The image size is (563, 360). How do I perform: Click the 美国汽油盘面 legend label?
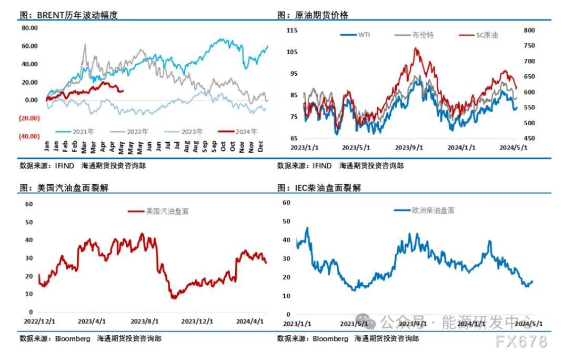click(167, 211)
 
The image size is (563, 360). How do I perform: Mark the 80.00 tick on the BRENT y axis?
click(29, 27)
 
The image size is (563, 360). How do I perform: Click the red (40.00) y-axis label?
click(29, 136)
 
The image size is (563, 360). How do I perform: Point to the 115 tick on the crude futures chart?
click(291, 31)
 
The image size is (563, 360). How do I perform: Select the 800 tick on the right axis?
click(529, 31)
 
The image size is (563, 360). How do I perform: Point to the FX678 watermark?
click(521, 342)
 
